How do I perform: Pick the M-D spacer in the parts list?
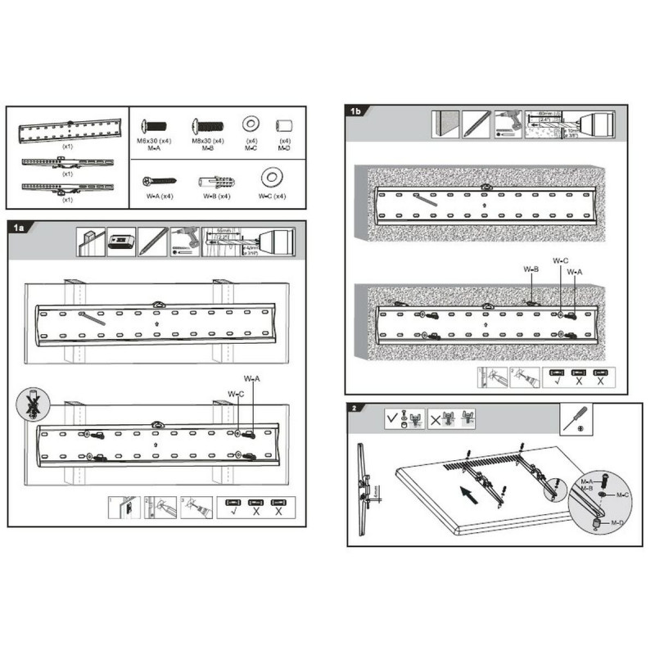click(x=284, y=126)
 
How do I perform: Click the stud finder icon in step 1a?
click(x=121, y=241)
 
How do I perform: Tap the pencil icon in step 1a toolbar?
click(x=152, y=241)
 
